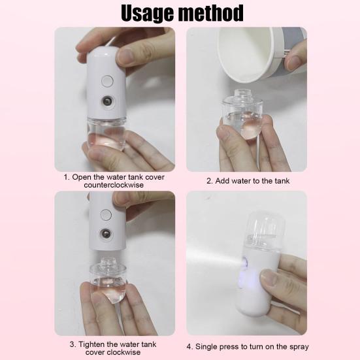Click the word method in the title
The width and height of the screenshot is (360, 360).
(x=211, y=13)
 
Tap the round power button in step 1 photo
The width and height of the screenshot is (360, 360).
(x=107, y=81)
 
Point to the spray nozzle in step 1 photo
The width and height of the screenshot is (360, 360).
(x=107, y=101)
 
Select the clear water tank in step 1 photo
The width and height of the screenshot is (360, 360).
(x=106, y=134)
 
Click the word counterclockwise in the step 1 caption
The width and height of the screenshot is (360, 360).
(x=114, y=185)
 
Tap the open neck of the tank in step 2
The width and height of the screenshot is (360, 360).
(x=242, y=94)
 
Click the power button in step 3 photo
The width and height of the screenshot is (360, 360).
(x=106, y=215)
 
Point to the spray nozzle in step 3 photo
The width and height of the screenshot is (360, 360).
(x=106, y=234)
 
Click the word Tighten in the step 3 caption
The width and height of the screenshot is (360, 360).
(x=91, y=344)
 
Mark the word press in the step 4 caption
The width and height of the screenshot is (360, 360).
(x=229, y=347)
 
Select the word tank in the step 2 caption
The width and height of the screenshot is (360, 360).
(x=282, y=181)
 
